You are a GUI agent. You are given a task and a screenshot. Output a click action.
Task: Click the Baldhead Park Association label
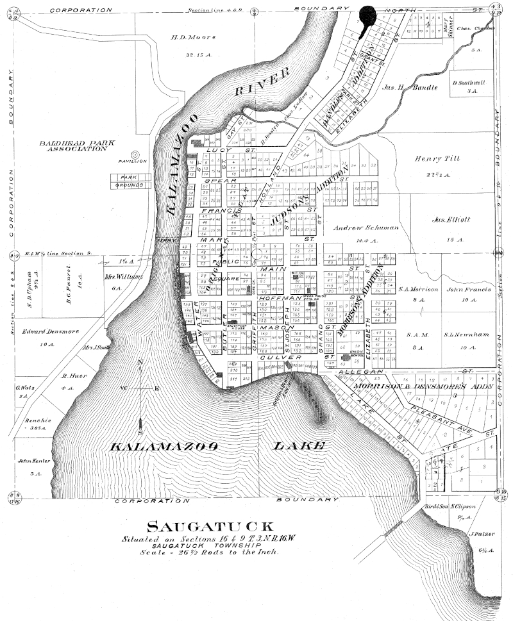coord(72,145)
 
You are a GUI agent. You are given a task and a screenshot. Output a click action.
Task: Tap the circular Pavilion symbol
coord(135,154)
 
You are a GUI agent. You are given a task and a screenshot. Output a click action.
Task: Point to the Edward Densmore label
coord(46,331)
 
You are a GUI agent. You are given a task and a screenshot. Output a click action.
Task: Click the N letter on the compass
coord(140,363)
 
